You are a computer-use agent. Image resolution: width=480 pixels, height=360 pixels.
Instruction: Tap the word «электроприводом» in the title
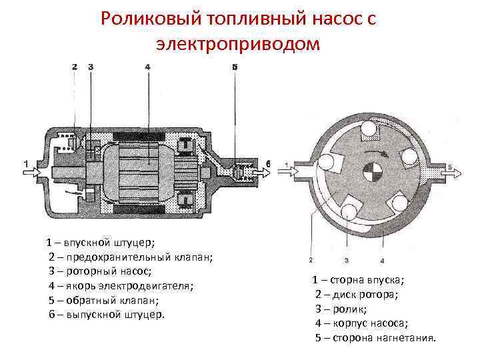[x=238, y=44]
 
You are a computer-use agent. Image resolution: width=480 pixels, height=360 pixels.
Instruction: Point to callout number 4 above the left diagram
[x=147, y=67]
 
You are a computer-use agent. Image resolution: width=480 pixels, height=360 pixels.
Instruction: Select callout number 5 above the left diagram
[x=235, y=67]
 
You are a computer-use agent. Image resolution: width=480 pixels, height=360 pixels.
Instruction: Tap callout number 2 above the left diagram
[x=74, y=67]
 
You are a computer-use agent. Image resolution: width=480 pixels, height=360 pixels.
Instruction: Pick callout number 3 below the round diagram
[x=347, y=259]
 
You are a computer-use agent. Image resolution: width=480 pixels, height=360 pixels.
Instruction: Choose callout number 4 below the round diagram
[x=382, y=259]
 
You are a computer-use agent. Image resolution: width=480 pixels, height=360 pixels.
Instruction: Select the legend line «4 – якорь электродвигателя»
[x=121, y=286]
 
